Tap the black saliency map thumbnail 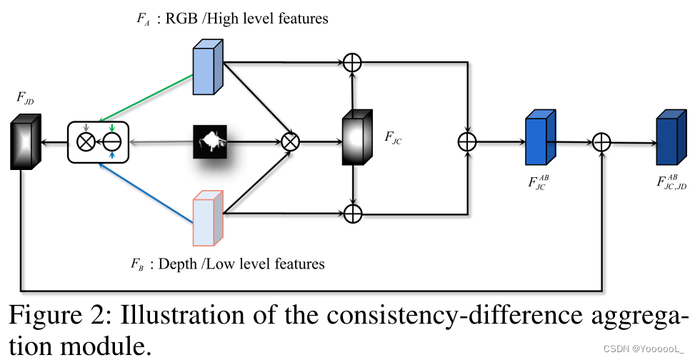[x=211, y=141]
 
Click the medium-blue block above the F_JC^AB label [x=539, y=141]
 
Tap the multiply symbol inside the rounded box [x=86, y=142]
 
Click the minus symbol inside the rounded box [x=112, y=142]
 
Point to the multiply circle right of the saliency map [x=289, y=141]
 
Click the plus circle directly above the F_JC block [x=352, y=63]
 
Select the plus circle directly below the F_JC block [x=352, y=214]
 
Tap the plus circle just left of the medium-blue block [x=466, y=141]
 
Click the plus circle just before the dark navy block [x=603, y=142]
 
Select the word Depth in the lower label [x=179, y=264]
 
